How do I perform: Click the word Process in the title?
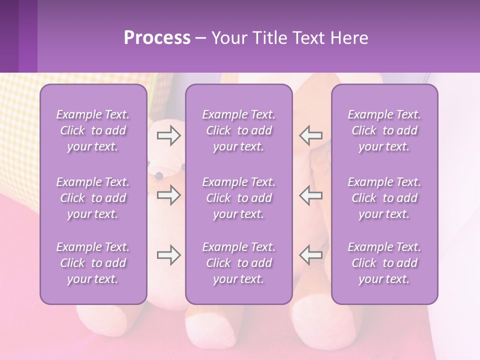point(157,38)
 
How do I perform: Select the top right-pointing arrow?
point(168,135)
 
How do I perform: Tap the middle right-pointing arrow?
point(168,195)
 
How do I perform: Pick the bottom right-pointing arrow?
point(168,255)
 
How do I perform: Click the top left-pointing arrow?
point(310,135)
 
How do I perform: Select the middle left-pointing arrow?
point(310,195)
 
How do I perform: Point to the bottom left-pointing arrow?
point(310,255)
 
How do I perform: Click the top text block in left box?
point(93,130)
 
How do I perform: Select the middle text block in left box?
point(93,198)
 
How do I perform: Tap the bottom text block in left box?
point(93,263)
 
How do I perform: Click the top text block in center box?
point(238,130)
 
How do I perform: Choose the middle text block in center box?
point(238,198)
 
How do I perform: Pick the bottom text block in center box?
point(238,263)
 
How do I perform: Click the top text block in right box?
point(384,130)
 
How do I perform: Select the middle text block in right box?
point(384,198)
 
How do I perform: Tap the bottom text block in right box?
point(384,263)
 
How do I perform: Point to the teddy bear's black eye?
point(158,175)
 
